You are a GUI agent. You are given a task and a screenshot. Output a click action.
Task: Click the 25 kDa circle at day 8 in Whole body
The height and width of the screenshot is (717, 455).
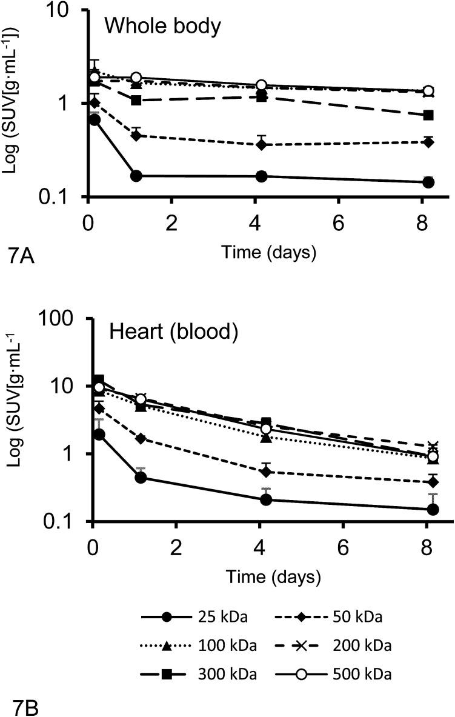coord(428,182)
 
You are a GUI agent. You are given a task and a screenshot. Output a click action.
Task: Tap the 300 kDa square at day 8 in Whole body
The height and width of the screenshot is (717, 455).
coord(428,115)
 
